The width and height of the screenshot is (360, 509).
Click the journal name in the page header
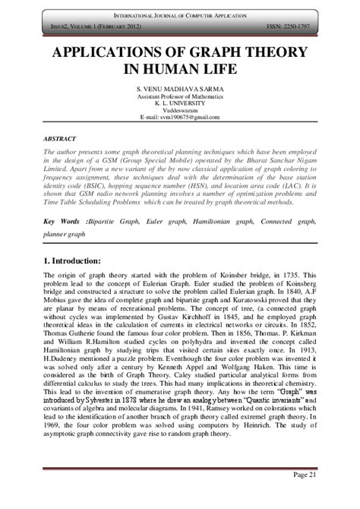[180, 16]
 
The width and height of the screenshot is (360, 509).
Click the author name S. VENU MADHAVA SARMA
[180, 90]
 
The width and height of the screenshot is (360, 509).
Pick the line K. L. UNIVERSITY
[180, 104]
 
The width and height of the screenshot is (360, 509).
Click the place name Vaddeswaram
[180, 111]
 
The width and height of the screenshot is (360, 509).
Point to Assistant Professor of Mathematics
[180, 97]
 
